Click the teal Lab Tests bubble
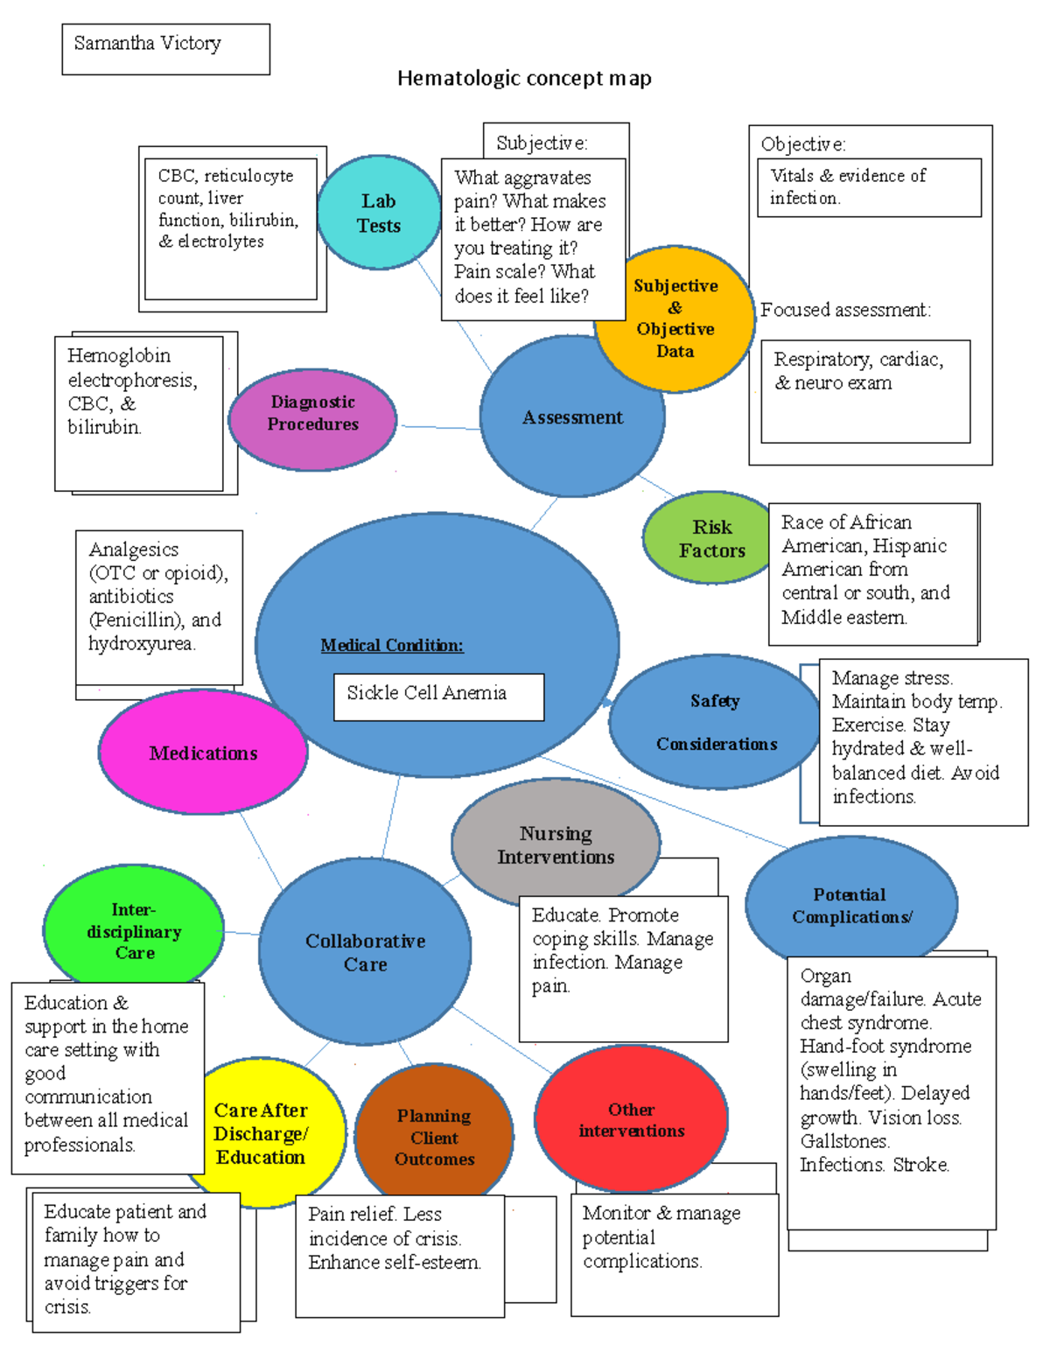[x=378, y=213]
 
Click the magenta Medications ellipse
[x=203, y=753]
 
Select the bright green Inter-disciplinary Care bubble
[x=134, y=930]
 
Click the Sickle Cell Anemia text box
[x=438, y=697]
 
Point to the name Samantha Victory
[x=147, y=43]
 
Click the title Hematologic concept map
[x=524, y=78]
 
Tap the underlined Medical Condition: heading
[x=392, y=645]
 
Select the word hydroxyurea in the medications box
[x=140, y=643]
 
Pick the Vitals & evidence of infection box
[x=868, y=186]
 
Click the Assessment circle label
[x=572, y=417]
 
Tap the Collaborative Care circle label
[x=365, y=952]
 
